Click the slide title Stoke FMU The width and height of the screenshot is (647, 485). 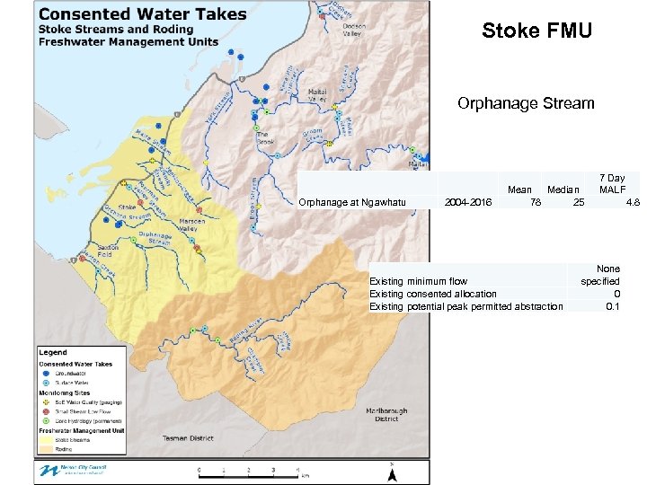click(x=536, y=31)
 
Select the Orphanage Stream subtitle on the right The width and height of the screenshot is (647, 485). click(x=526, y=103)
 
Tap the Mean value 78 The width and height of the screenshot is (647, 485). click(x=535, y=203)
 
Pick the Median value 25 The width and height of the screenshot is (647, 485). click(x=579, y=203)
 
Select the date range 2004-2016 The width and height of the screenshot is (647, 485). click(x=468, y=203)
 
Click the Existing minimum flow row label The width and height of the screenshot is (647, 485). click(x=419, y=281)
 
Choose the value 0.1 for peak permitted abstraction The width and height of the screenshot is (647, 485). click(x=612, y=306)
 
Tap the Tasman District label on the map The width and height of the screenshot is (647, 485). click(x=189, y=438)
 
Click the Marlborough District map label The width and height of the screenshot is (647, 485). click(x=386, y=415)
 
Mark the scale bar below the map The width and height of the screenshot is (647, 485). click(x=252, y=470)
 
